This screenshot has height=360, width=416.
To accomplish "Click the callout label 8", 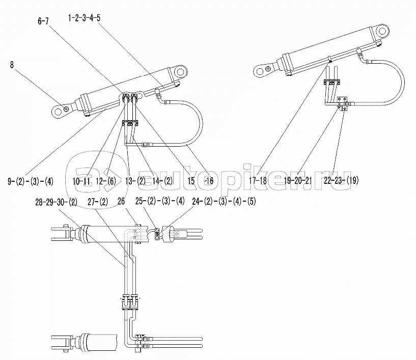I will point(13,65).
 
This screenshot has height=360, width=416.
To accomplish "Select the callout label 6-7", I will point(44,21).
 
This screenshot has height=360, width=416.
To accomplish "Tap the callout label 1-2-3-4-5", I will point(84,17).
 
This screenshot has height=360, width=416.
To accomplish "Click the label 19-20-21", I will point(298,180).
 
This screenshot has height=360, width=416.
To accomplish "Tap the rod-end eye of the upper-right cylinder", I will point(263,68).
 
